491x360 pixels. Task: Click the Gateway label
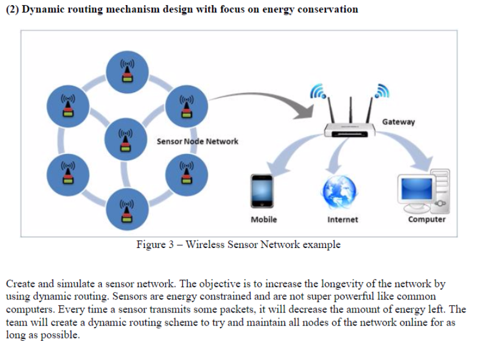point(398,122)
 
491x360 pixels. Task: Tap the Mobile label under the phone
point(264,219)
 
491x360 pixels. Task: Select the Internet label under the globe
point(343,219)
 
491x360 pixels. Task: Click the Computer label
point(427,219)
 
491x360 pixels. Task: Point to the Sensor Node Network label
point(197,141)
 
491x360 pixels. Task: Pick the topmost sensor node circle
point(128,72)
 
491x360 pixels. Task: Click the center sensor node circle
point(127,139)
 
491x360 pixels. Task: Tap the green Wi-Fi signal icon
point(318,90)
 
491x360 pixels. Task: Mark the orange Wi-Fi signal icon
point(383,90)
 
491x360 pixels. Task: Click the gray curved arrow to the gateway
point(260,102)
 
